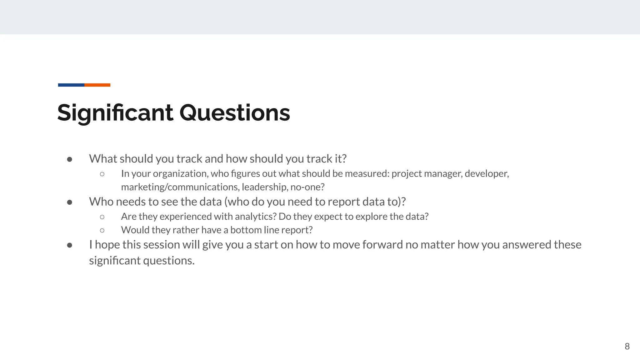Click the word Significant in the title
(x=115, y=113)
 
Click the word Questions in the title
(x=234, y=113)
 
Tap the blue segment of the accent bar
(x=71, y=85)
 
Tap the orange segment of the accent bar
(x=97, y=85)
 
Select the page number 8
(x=627, y=346)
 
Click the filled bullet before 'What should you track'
(x=70, y=159)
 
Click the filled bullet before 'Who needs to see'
(x=70, y=202)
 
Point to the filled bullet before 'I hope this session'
(x=70, y=245)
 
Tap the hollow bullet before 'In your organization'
(x=102, y=174)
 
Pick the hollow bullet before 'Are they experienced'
(x=102, y=217)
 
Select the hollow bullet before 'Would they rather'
(x=102, y=230)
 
